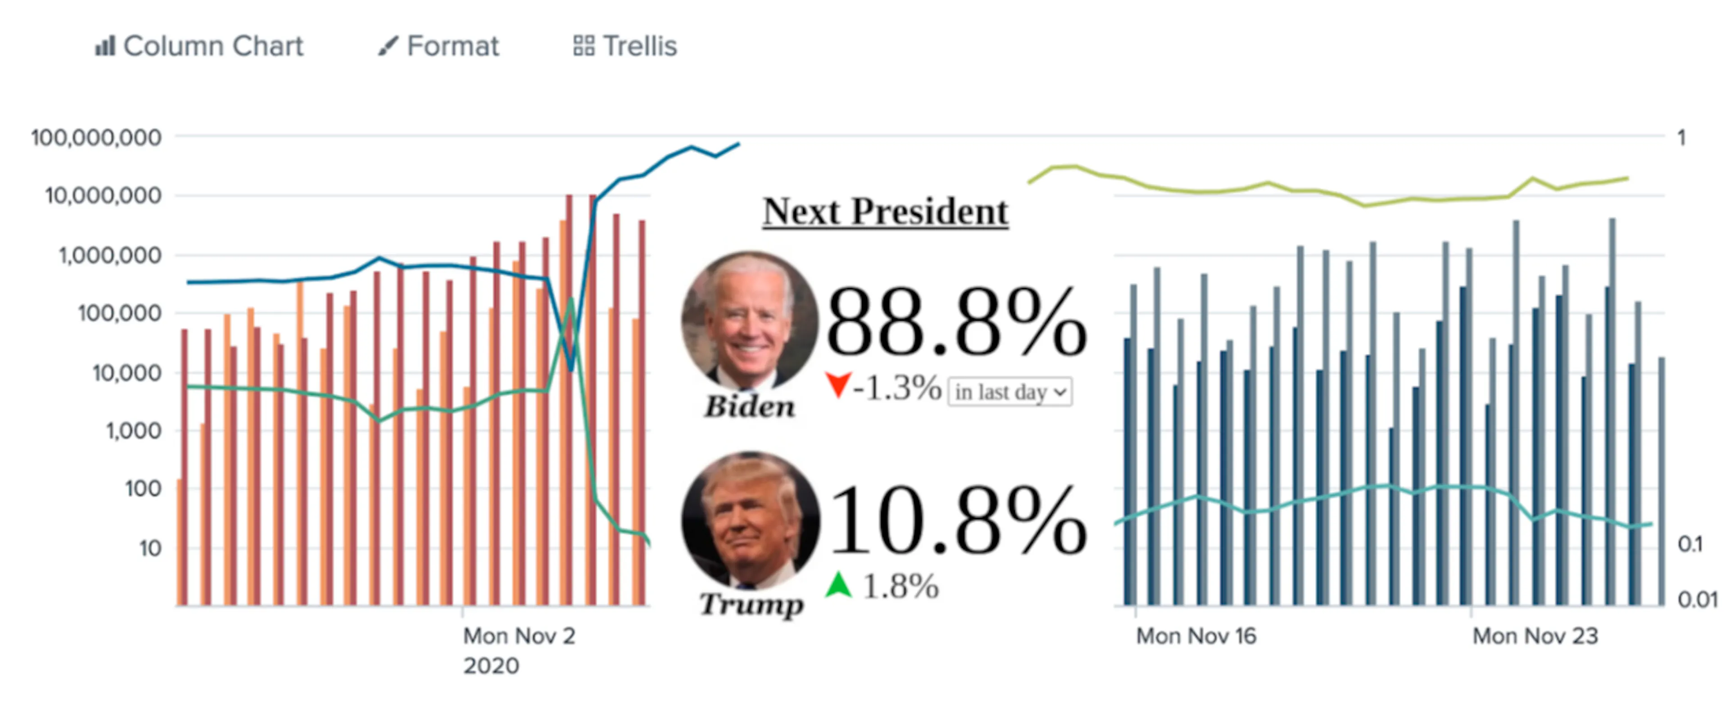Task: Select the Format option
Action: (438, 46)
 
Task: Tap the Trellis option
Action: (625, 46)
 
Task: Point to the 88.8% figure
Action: (956, 322)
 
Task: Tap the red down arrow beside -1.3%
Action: (838, 385)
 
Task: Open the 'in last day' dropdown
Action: (1010, 391)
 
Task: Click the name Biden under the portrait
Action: (750, 406)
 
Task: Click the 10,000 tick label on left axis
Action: (127, 372)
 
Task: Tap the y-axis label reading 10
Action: (150, 548)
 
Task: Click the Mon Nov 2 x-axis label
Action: (519, 635)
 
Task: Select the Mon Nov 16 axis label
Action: (1196, 635)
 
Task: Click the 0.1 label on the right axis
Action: (1690, 543)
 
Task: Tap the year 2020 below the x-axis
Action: (491, 665)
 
